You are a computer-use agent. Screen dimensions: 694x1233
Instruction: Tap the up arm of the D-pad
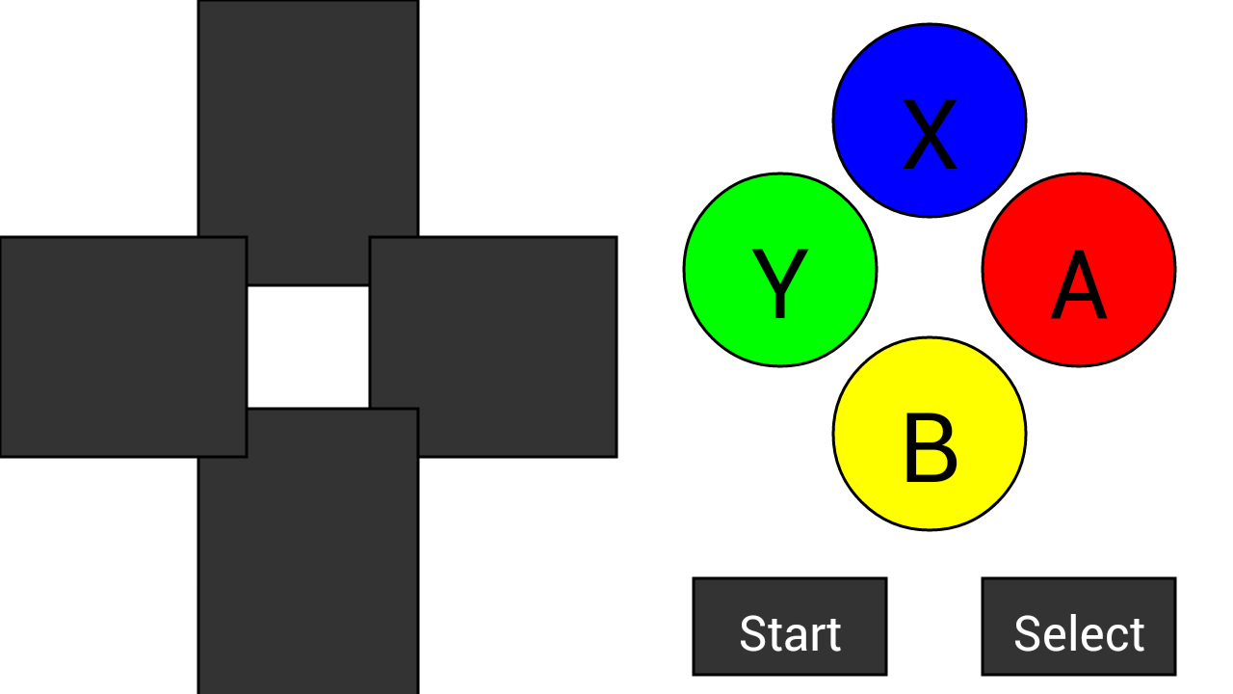click(308, 125)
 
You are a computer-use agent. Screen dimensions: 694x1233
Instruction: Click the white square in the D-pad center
click(308, 347)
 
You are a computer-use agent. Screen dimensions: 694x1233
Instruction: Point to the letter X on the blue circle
click(930, 135)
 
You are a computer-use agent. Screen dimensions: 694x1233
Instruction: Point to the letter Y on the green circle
click(780, 283)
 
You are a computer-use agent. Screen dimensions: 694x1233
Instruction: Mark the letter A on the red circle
click(1079, 285)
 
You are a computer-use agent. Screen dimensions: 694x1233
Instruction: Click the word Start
click(790, 634)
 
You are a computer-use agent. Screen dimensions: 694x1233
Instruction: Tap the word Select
click(1079, 634)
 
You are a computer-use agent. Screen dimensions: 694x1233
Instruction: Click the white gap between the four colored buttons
click(930, 275)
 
